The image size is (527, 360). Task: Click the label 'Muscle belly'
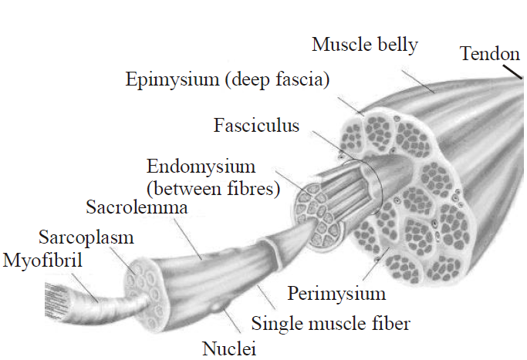(x=364, y=45)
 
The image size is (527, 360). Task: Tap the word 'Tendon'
(x=489, y=54)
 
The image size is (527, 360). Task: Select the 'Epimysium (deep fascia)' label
(x=228, y=79)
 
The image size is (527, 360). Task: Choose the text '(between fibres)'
(x=212, y=188)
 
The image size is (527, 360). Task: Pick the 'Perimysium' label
(x=336, y=294)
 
